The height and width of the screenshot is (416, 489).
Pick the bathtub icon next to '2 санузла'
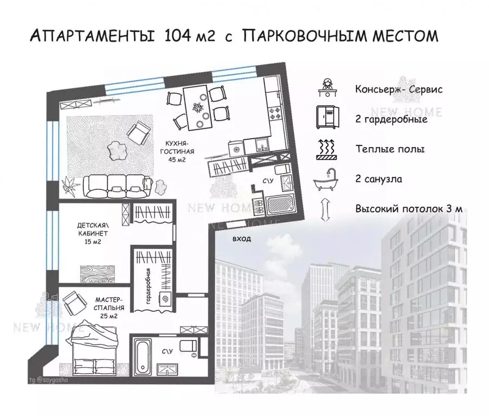[327, 178]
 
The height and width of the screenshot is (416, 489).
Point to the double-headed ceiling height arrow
[327, 208]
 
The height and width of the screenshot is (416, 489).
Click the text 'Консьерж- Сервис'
[399, 89]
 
